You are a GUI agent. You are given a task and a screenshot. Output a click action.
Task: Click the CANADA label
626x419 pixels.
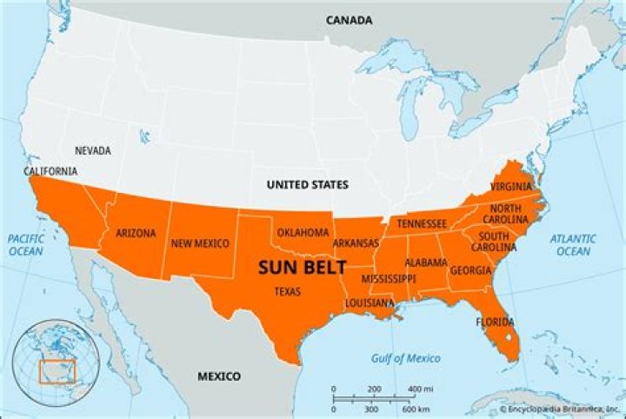tap(349, 20)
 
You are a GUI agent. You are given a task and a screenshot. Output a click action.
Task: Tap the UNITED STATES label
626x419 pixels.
tap(307, 184)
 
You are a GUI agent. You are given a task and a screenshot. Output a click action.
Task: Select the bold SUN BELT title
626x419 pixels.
tap(302, 267)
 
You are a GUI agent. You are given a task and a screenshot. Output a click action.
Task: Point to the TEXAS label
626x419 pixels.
tap(287, 292)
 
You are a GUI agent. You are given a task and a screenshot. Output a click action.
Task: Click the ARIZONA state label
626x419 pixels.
tap(136, 233)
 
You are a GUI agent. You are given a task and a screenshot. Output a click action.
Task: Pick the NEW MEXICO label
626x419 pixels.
tap(200, 243)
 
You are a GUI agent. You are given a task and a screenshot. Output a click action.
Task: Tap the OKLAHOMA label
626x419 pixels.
tap(303, 232)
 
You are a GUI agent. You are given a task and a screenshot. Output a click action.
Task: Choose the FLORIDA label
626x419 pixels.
tap(494, 322)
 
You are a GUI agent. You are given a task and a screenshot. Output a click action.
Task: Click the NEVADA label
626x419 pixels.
tap(93, 150)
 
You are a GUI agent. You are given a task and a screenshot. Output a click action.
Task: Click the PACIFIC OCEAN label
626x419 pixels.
tap(26, 244)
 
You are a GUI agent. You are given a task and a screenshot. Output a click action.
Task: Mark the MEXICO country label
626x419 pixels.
tap(218, 376)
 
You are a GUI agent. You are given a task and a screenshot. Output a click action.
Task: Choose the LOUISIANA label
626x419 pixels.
tap(369, 303)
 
